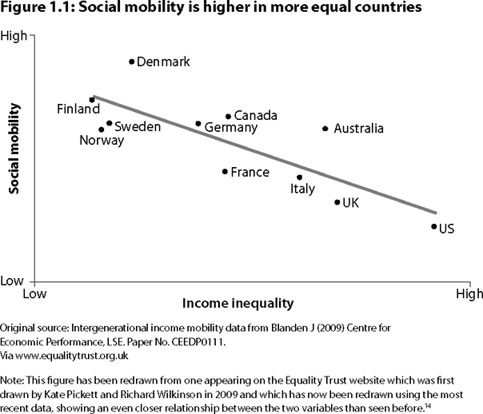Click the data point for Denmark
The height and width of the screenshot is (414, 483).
pos(133,62)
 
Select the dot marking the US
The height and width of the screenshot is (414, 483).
pos(434,226)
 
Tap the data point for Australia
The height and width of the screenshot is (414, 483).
pos(325,129)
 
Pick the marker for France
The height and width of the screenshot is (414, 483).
pos(226,171)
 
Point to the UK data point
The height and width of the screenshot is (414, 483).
pos(337,202)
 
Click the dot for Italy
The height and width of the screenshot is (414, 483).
pos(300,177)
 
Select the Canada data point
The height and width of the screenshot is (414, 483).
pos(229,117)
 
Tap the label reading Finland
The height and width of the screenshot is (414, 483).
pos(78,109)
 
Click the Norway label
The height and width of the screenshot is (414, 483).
pos(102,141)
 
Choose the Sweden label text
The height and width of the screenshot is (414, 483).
pos(138,126)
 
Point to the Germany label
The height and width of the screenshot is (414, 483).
pos(231,128)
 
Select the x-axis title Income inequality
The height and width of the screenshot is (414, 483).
pos(238,304)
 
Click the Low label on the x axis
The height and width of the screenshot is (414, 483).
pos(33,294)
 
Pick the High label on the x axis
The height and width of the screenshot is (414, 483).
pos(469,294)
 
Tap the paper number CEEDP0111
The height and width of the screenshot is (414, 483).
pos(198,340)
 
